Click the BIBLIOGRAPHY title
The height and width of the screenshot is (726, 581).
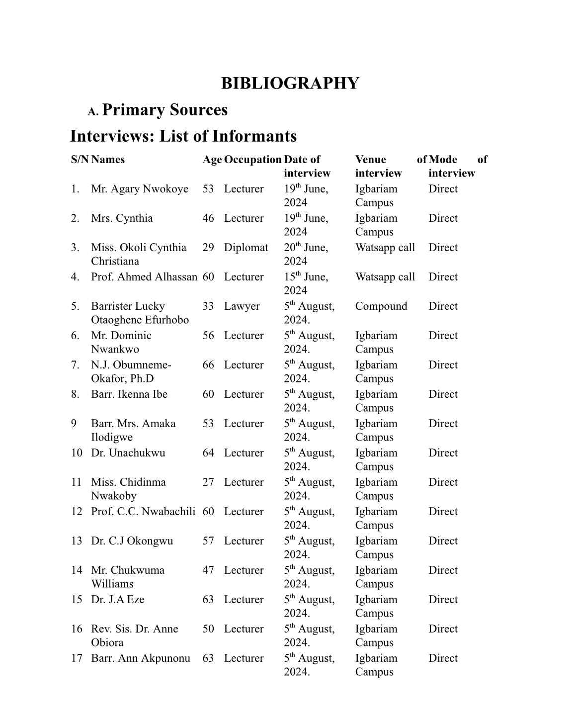[x=290, y=83]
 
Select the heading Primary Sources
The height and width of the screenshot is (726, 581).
[x=165, y=110]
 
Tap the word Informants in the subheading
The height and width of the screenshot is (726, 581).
[x=255, y=136]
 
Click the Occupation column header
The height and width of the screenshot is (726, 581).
[x=252, y=160]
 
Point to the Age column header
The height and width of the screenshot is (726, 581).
[x=212, y=160]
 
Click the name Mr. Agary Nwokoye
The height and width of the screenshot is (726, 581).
[x=140, y=189]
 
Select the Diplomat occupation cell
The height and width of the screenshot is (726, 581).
[x=246, y=248]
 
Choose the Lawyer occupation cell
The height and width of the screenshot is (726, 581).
[x=242, y=306]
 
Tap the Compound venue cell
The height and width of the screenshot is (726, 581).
[x=381, y=306]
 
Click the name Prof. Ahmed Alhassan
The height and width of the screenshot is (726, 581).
[x=144, y=277]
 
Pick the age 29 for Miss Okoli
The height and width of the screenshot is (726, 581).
[x=208, y=248]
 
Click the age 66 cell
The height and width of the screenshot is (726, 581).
[x=208, y=365]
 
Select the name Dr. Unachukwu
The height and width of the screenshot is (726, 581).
[x=128, y=453]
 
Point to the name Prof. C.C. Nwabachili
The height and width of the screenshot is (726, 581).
[x=143, y=512]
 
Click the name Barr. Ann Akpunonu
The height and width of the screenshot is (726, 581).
[x=141, y=658]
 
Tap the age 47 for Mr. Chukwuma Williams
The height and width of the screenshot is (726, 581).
[x=208, y=570]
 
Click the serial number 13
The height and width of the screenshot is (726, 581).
[x=77, y=541]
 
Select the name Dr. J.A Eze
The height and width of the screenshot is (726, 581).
[x=118, y=600]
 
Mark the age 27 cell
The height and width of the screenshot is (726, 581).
[x=208, y=482]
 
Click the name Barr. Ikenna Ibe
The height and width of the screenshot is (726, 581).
[x=129, y=394]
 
